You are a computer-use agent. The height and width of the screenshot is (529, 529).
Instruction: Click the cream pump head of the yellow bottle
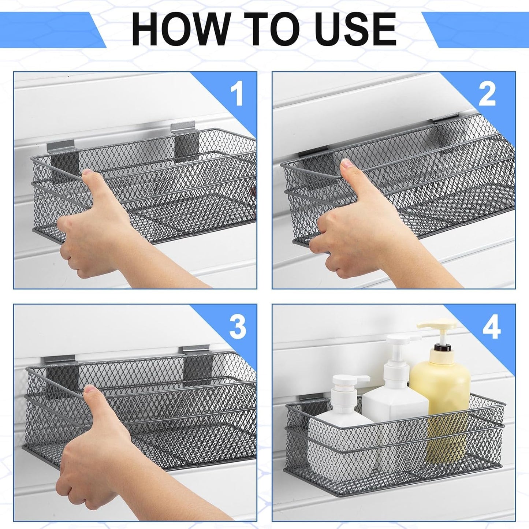pos(438,328)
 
